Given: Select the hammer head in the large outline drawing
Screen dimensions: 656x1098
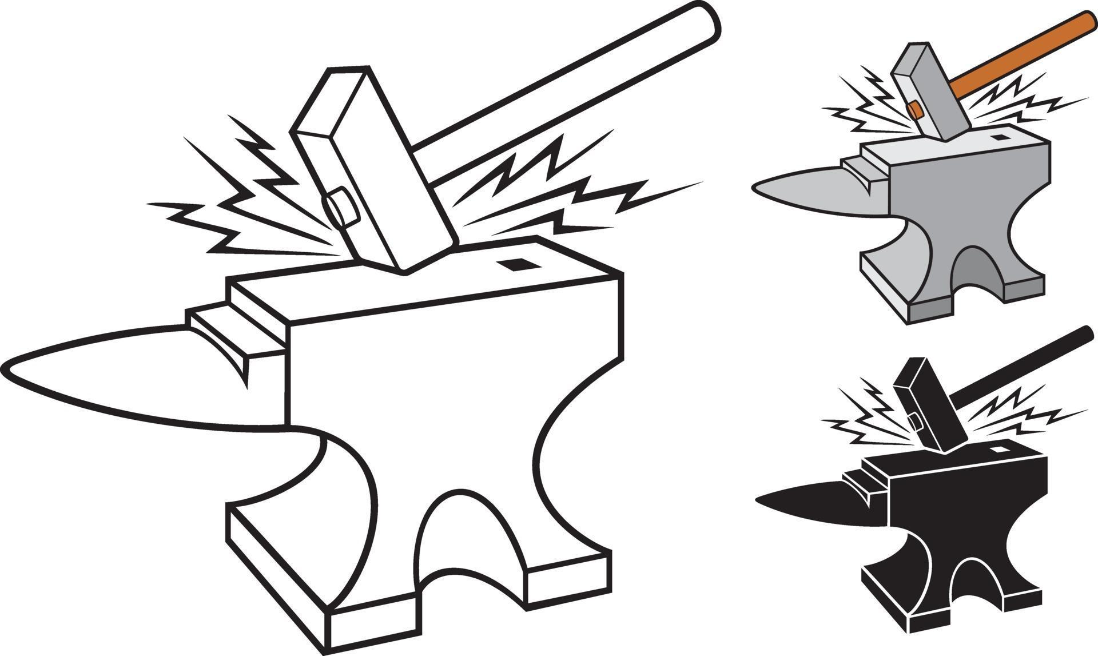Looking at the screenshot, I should click(372, 172).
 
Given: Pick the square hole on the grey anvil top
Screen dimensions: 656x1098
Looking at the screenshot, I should click(1000, 138).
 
